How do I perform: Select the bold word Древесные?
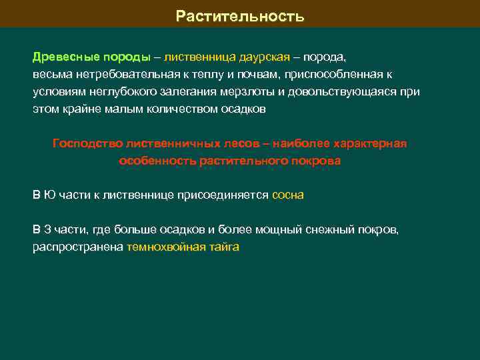[59, 57]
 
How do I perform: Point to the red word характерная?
[369, 143]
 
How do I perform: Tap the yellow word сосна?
[288, 195]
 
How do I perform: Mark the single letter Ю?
[49, 195]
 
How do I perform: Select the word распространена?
[78, 247]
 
